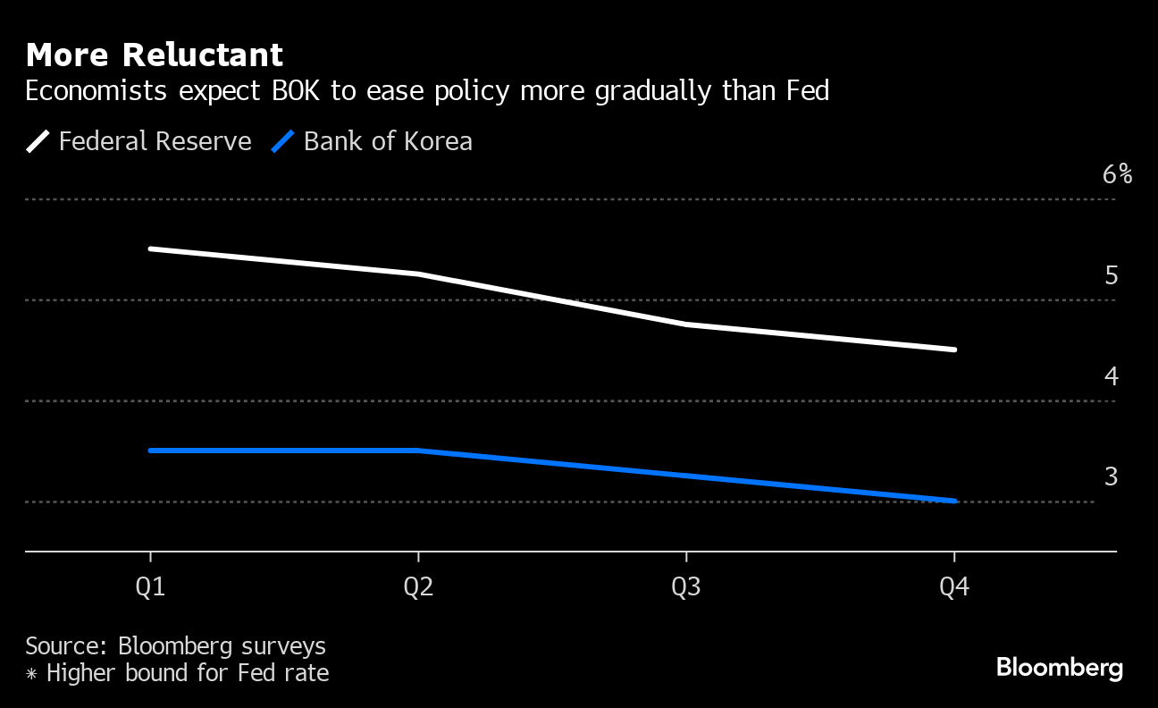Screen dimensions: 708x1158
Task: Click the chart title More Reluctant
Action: tap(155, 55)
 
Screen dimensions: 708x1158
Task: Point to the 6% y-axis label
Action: tap(1117, 174)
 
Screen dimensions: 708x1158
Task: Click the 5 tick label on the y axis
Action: tap(1112, 275)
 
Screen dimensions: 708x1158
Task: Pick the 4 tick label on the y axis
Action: tap(1112, 376)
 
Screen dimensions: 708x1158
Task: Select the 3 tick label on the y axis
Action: tap(1112, 477)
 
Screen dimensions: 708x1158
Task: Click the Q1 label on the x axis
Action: tap(150, 587)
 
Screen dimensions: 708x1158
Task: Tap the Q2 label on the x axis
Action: tap(418, 587)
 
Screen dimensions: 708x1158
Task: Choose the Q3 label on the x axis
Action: tap(686, 587)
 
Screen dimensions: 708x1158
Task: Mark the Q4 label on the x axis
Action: tap(954, 587)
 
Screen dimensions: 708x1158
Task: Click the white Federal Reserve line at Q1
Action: tap(150, 249)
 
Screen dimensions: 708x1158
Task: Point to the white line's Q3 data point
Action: tap(686, 324)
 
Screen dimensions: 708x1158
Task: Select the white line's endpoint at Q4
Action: tap(954, 350)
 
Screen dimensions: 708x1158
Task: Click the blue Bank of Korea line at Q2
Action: tap(418, 451)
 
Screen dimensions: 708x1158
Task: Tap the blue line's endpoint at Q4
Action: tap(954, 501)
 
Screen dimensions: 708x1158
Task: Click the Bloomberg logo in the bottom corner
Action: tap(1059, 668)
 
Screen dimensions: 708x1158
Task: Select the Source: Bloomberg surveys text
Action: tap(175, 645)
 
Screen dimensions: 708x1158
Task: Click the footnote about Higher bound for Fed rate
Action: tap(177, 672)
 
